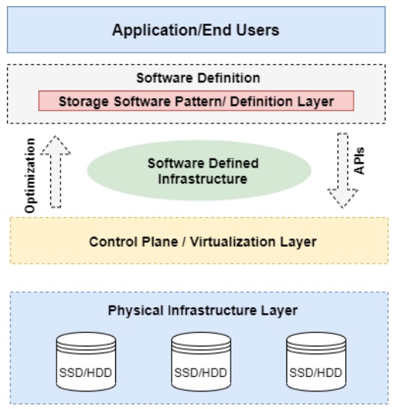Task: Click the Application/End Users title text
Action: click(195, 30)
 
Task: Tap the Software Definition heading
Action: click(198, 78)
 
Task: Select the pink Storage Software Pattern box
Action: click(196, 101)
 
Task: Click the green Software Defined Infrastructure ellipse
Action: click(199, 171)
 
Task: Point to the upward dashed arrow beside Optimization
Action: click(56, 171)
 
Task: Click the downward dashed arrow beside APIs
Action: click(343, 171)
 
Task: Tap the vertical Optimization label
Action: click(30, 175)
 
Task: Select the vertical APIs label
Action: click(359, 161)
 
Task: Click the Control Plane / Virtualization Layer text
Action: click(202, 241)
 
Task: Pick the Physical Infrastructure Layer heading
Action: click(202, 311)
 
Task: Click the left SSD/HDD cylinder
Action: click(86, 362)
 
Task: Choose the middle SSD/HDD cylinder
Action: click(201, 362)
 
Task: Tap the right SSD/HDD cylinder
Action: click(316, 362)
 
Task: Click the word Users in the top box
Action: click(257, 30)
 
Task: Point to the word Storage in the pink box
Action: click(84, 101)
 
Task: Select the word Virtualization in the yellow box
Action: click(232, 241)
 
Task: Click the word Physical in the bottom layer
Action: click(136, 311)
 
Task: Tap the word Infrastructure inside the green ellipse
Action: click(202, 179)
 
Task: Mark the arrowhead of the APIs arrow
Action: click(343, 198)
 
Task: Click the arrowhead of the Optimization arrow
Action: click(56, 145)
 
